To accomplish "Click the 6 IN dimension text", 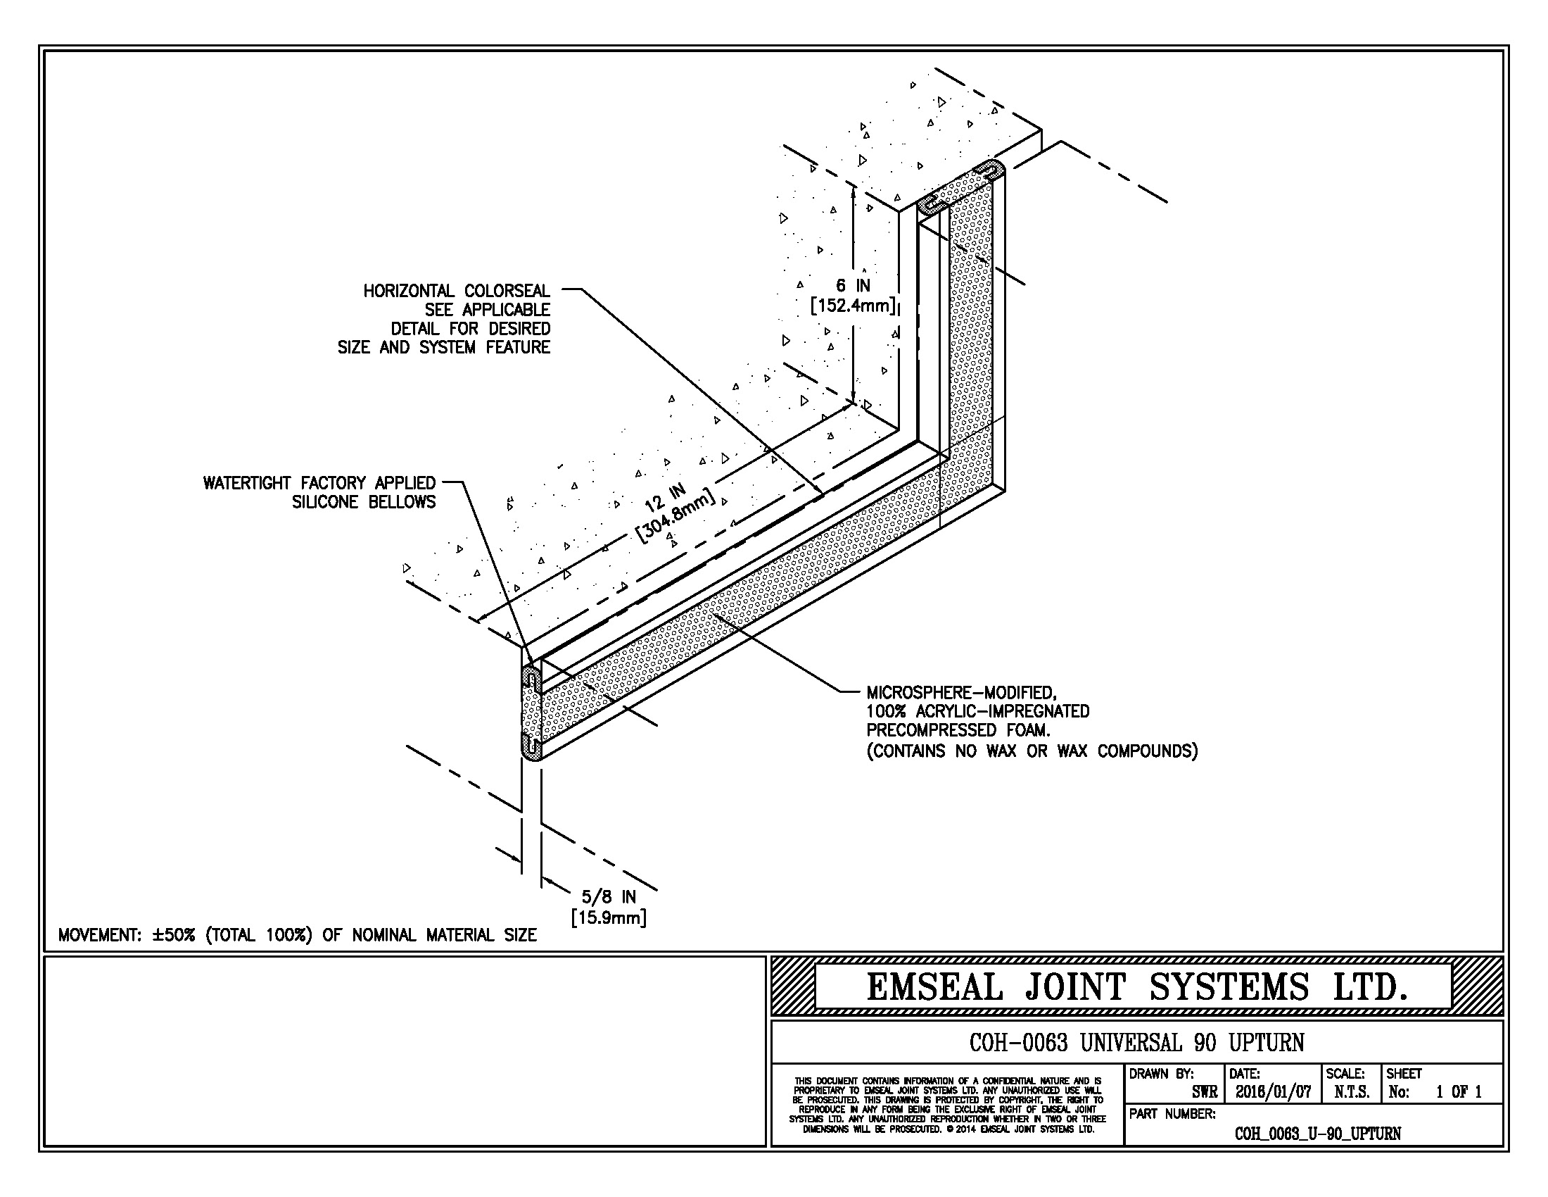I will (x=852, y=285).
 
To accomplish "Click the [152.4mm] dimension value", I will (x=854, y=306).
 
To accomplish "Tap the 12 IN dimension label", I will (x=665, y=497).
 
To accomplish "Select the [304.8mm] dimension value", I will (x=676, y=516).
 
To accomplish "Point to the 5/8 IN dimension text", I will (x=609, y=897).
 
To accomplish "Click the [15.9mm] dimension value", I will (x=609, y=918).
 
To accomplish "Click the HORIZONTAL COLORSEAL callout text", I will (x=457, y=291).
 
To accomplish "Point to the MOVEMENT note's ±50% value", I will (x=173, y=935).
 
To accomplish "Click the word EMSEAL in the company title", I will (x=935, y=987).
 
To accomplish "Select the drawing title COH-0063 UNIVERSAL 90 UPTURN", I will (x=1136, y=1042).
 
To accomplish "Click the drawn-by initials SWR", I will (x=1204, y=1093).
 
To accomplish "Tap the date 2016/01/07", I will (x=1273, y=1093).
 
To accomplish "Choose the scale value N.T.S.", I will (x=1352, y=1093).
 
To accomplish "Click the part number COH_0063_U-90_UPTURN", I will (x=1318, y=1134).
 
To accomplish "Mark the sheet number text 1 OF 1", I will (x=1459, y=1093).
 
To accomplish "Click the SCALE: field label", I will (x=1345, y=1074).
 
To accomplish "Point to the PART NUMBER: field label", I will (x=1172, y=1115).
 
